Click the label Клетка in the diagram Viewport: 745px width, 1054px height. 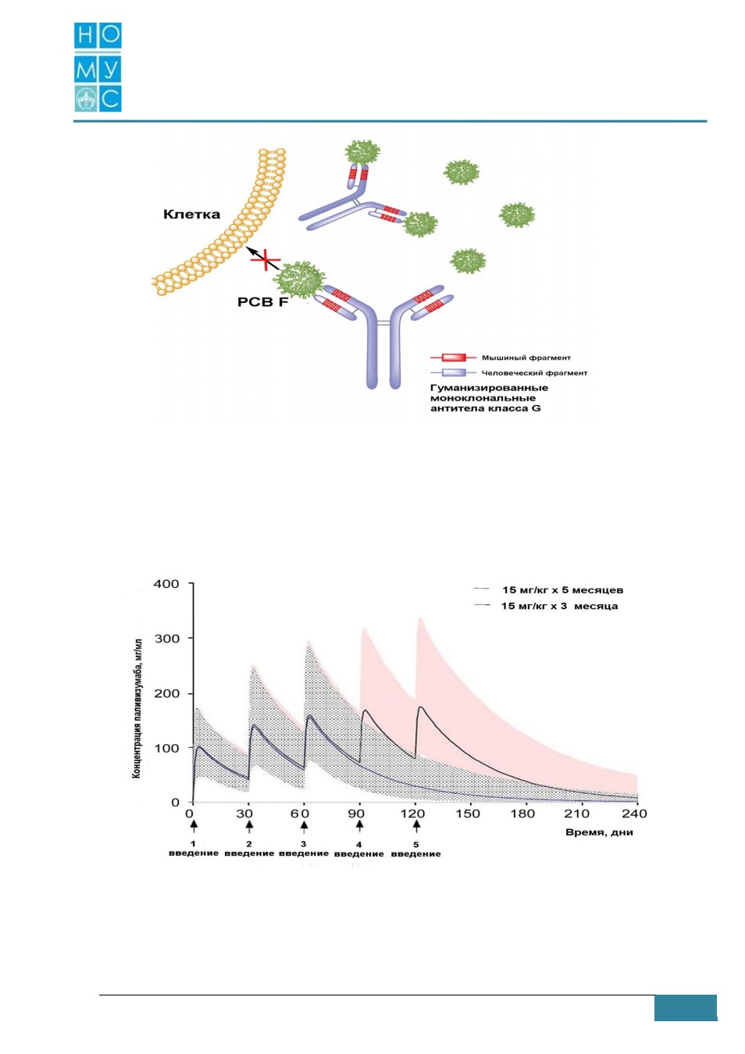pyautogui.click(x=191, y=215)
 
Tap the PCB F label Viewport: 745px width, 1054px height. pyautogui.click(x=262, y=301)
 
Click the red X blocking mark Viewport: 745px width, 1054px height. pyautogui.click(x=266, y=260)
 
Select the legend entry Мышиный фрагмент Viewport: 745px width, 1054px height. pyautogui.click(x=526, y=358)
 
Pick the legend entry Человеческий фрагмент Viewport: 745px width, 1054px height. pyautogui.click(x=534, y=372)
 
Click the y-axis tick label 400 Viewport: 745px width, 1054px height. pyautogui.click(x=166, y=584)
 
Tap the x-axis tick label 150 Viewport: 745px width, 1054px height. pyautogui.click(x=467, y=814)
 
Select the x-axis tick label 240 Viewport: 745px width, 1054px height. pyautogui.click(x=634, y=814)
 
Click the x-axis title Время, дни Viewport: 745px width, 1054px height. pyautogui.click(x=599, y=832)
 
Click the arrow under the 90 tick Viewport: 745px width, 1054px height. pyautogui.click(x=359, y=826)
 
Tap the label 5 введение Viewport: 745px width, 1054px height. pyautogui.click(x=416, y=849)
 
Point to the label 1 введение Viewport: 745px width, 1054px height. pyautogui.click(x=194, y=849)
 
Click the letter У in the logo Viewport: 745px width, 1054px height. pyautogui.click(x=111, y=69)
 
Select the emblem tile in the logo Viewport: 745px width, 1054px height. pyautogui.click(x=86, y=98)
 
